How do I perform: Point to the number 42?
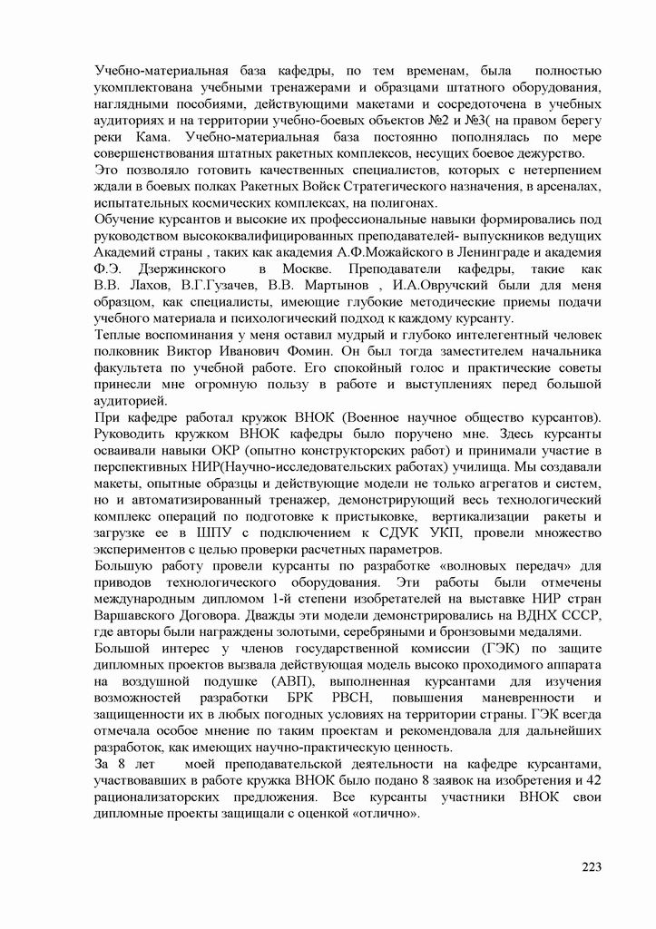coord(592,781)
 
